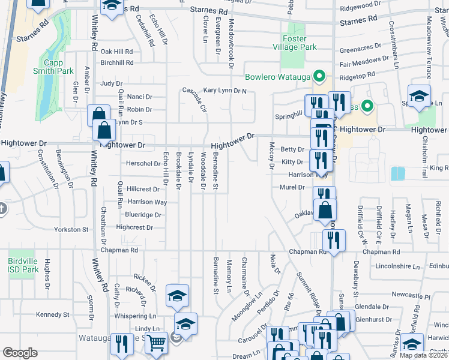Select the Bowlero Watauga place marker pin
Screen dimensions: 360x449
[x=320, y=76]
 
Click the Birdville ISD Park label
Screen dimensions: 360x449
[x=23, y=265]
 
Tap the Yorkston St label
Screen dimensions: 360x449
[x=71, y=229]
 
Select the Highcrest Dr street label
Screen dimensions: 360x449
[x=134, y=227]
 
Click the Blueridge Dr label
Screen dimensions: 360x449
[x=142, y=214]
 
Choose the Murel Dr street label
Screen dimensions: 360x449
[x=292, y=187]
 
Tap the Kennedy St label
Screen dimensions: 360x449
[x=53, y=314]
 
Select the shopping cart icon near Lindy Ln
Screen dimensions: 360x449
[x=157, y=343]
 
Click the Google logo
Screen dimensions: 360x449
[x=20, y=353]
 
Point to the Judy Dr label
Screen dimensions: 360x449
[x=112, y=83]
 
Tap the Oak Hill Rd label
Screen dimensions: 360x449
[x=116, y=52]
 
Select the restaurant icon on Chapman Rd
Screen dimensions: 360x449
[x=333, y=240]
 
